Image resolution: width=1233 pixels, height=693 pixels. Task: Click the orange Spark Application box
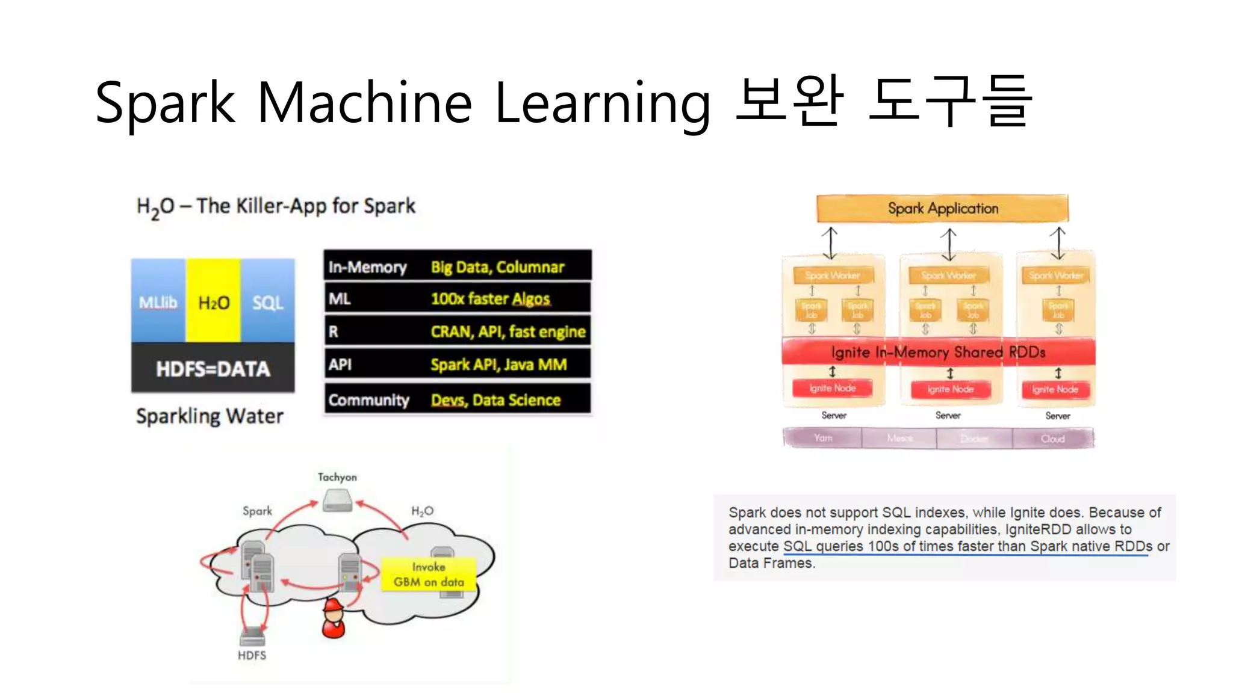point(942,209)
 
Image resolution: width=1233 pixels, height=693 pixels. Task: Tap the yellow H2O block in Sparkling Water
point(214,301)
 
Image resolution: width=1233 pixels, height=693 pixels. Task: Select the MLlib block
point(158,301)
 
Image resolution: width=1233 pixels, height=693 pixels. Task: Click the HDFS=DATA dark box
point(213,368)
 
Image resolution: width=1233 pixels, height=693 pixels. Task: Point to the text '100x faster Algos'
point(490,299)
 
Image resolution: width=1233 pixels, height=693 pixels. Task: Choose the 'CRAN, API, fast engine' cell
point(508,331)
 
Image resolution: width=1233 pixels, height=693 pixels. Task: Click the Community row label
point(368,400)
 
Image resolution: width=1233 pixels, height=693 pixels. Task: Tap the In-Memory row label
point(367,267)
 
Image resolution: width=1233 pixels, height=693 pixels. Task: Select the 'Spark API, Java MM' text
point(498,365)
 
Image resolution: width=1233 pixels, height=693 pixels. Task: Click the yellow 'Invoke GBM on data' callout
point(429,574)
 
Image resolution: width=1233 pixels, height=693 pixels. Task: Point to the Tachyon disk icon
point(337,500)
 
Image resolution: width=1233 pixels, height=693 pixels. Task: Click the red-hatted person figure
point(334,618)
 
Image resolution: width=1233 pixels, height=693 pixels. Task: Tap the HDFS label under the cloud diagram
point(252,655)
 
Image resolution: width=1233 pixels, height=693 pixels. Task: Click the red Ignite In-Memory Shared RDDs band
point(938,352)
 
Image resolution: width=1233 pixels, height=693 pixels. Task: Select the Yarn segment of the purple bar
point(822,438)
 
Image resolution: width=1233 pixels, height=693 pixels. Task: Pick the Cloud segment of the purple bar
point(1052,439)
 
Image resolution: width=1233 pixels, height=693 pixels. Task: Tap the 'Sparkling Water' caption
point(210,416)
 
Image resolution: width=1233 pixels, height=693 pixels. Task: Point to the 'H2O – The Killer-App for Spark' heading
point(276,206)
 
